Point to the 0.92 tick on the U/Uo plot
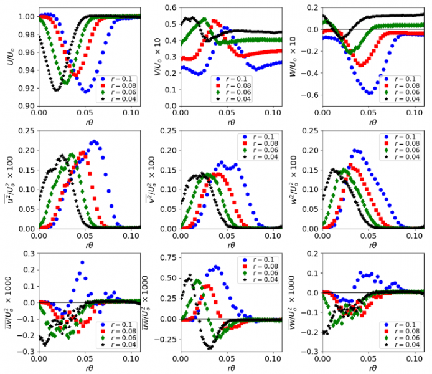[26, 87]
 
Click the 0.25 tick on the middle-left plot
[26, 130]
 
